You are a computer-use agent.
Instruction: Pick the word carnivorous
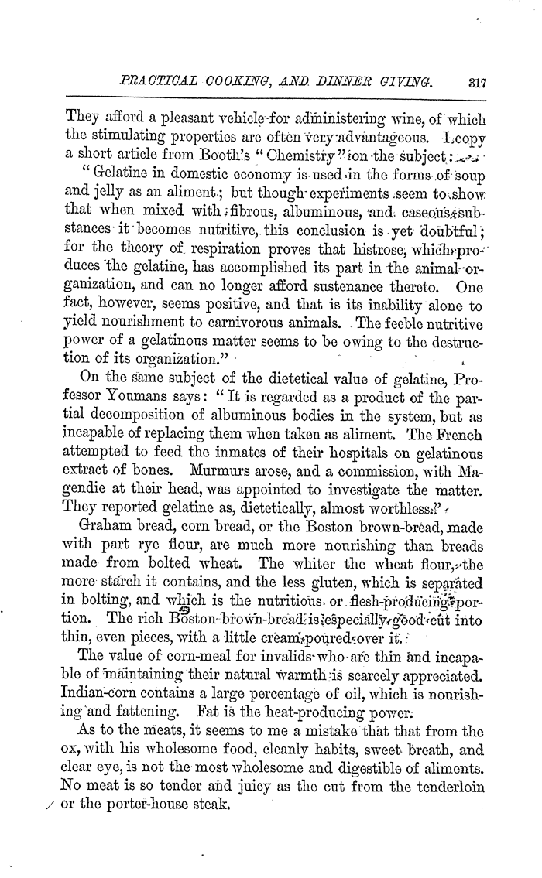pyautogui.click(x=295, y=321)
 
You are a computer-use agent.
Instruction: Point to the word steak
pyautogui.click(x=208, y=802)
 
